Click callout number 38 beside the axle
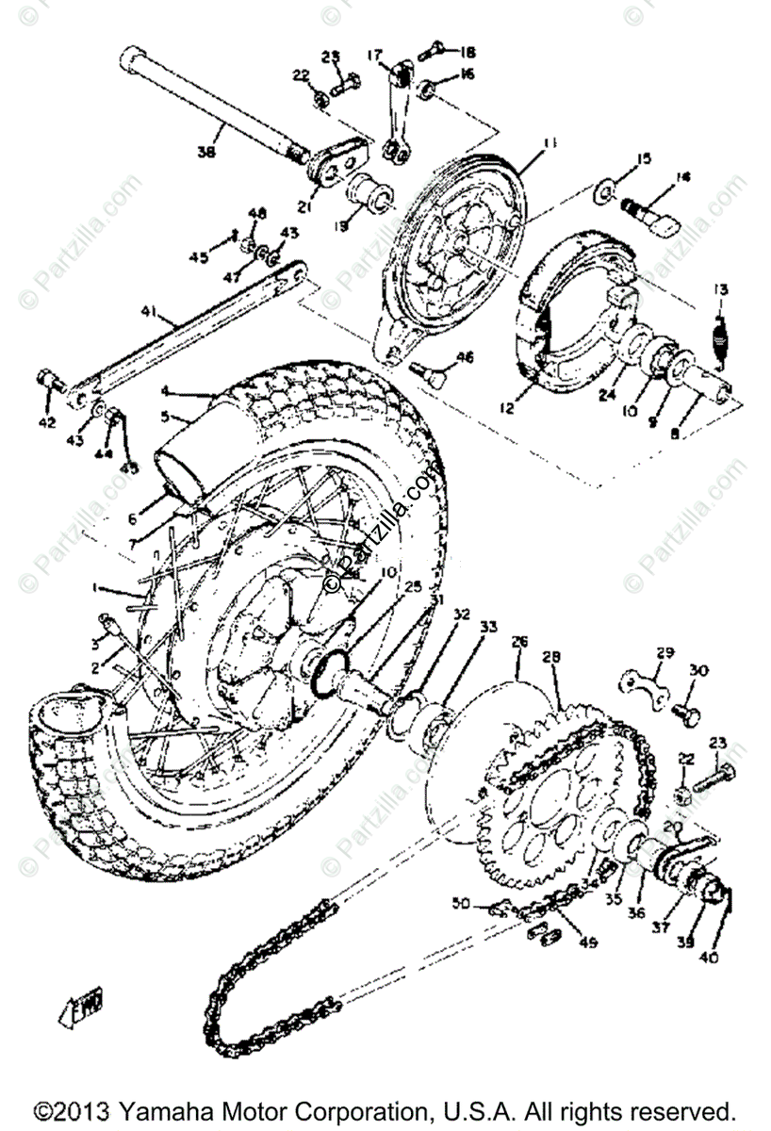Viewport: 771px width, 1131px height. (x=205, y=152)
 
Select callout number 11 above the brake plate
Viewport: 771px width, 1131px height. (x=550, y=143)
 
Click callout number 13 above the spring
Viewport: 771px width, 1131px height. (x=720, y=288)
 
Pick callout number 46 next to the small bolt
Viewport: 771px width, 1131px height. (x=464, y=357)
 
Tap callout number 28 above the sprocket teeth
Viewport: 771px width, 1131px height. (x=551, y=655)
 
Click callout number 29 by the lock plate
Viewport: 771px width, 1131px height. (x=666, y=652)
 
